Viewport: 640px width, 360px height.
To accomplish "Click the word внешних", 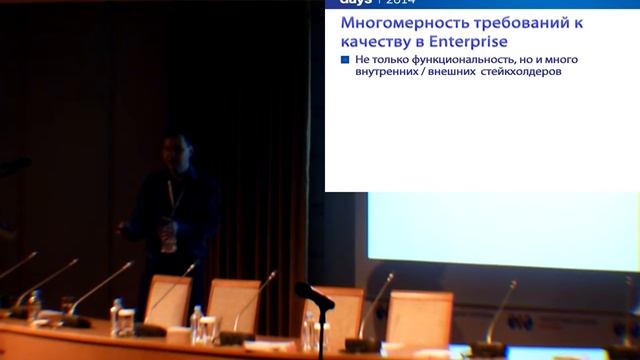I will tap(453, 72).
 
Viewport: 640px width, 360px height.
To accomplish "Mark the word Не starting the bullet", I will tap(361, 60).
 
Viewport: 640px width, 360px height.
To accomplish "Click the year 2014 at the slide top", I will tap(397, 3).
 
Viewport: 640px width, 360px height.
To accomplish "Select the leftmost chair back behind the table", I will tap(168, 299).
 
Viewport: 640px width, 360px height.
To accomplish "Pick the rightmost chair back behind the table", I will tap(419, 315).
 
